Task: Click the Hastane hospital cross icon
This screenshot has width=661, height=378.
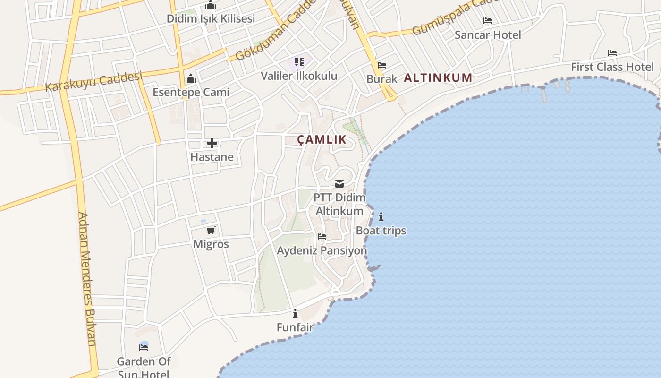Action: pyautogui.click(x=212, y=143)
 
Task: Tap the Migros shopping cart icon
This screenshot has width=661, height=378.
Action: pyautogui.click(x=211, y=231)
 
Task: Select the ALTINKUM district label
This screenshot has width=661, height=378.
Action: pyautogui.click(x=438, y=78)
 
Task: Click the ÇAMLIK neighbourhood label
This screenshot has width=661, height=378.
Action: pyautogui.click(x=322, y=139)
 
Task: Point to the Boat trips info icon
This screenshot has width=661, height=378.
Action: pyautogui.click(x=381, y=217)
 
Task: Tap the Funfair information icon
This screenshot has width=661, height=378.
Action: pyautogui.click(x=295, y=313)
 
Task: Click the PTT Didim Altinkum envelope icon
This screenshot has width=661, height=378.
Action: pyautogui.click(x=339, y=184)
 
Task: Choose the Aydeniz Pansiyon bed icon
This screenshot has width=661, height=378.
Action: pyautogui.click(x=322, y=236)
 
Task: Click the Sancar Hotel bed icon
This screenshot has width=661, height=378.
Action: pyautogui.click(x=488, y=21)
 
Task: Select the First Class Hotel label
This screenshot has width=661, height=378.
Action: pyautogui.click(x=612, y=67)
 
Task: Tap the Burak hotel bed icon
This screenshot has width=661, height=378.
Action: pyautogui.click(x=382, y=65)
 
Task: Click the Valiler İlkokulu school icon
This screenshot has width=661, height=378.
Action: pyautogui.click(x=299, y=62)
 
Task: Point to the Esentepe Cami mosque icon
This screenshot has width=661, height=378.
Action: pyautogui.click(x=191, y=78)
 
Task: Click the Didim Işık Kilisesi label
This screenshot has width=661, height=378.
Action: pyautogui.click(x=211, y=18)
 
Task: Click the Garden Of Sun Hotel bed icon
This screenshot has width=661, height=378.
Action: pyautogui.click(x=144, y=347)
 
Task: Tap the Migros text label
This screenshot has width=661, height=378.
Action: pyautogui.click(x=211, y=244)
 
